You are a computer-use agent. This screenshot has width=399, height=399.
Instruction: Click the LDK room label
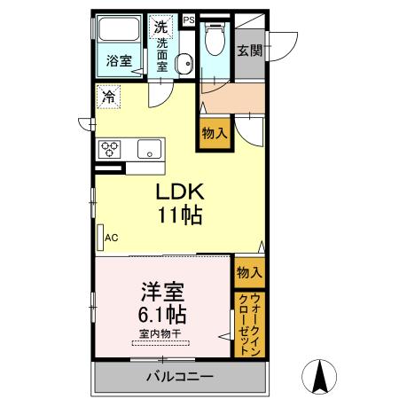(x=182, y=192)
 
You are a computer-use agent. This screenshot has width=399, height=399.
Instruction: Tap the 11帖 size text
(x=182, y=215)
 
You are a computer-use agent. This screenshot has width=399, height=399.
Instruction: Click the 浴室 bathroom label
(x=119, y=61)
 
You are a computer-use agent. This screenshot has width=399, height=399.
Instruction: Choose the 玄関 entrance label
(x=247, y=50)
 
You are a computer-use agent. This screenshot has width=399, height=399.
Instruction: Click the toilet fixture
(x=215, y=40)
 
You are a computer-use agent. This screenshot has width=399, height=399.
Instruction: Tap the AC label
(x=112, y=238)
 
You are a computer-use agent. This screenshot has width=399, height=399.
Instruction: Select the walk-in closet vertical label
(x=248, y=323)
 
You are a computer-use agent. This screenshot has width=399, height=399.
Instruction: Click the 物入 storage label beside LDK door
(x=215, y=134)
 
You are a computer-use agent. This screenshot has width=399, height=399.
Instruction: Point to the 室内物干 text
(x=160, y=333)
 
